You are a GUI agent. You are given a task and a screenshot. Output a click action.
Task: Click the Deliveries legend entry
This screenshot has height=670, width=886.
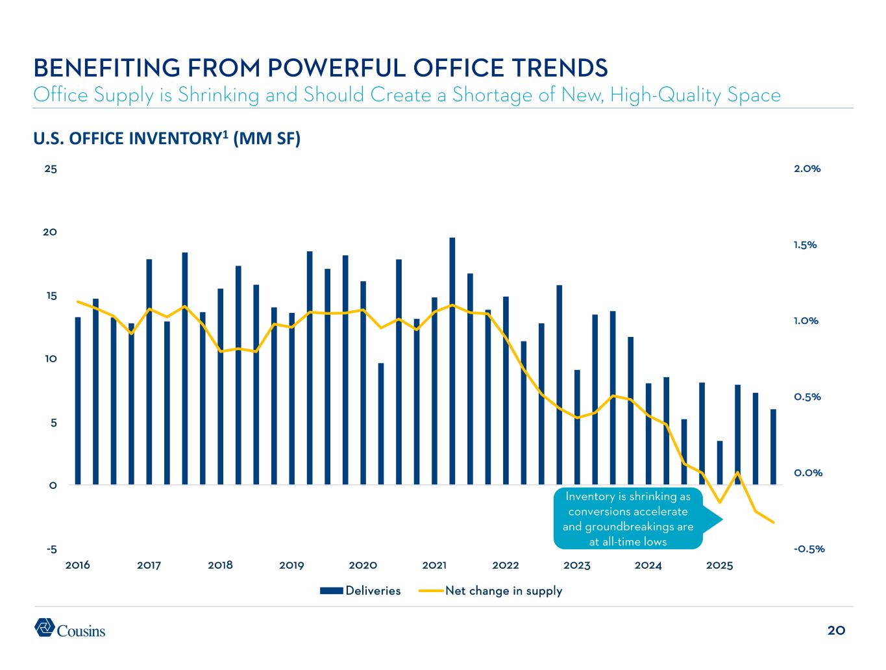pyautogui.click(x=361, y=591)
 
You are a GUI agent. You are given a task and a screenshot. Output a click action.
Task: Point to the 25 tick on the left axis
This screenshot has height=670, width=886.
pyautogui.click(x=51, y=169)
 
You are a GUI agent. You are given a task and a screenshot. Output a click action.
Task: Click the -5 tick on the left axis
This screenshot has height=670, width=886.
pyautogui.click(x=51, y=549)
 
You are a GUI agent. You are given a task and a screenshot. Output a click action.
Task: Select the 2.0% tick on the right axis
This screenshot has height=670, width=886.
pyautogui.click(x=807, y=169)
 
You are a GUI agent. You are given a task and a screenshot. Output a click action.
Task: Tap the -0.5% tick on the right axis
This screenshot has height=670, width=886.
pyautogui.click(x=808, y=549)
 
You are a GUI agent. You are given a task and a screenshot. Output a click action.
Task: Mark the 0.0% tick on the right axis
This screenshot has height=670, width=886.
pyautogui.click(x=807, y=473)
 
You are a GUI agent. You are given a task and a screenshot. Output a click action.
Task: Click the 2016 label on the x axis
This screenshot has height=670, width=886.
pyautogui.click(x=78, y=565)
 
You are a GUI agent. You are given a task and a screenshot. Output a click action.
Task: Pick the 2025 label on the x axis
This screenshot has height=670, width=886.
pyautogui.click(x=719, y=565)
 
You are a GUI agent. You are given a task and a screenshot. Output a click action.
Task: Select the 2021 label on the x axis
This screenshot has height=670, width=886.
pyautogui.click(x=434, y=565)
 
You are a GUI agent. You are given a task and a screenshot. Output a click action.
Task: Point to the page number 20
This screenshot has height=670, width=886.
pyautogui.click(x=836, y=630)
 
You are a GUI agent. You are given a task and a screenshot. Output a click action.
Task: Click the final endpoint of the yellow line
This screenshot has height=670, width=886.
pyautogui.click(x=773, y=522)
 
